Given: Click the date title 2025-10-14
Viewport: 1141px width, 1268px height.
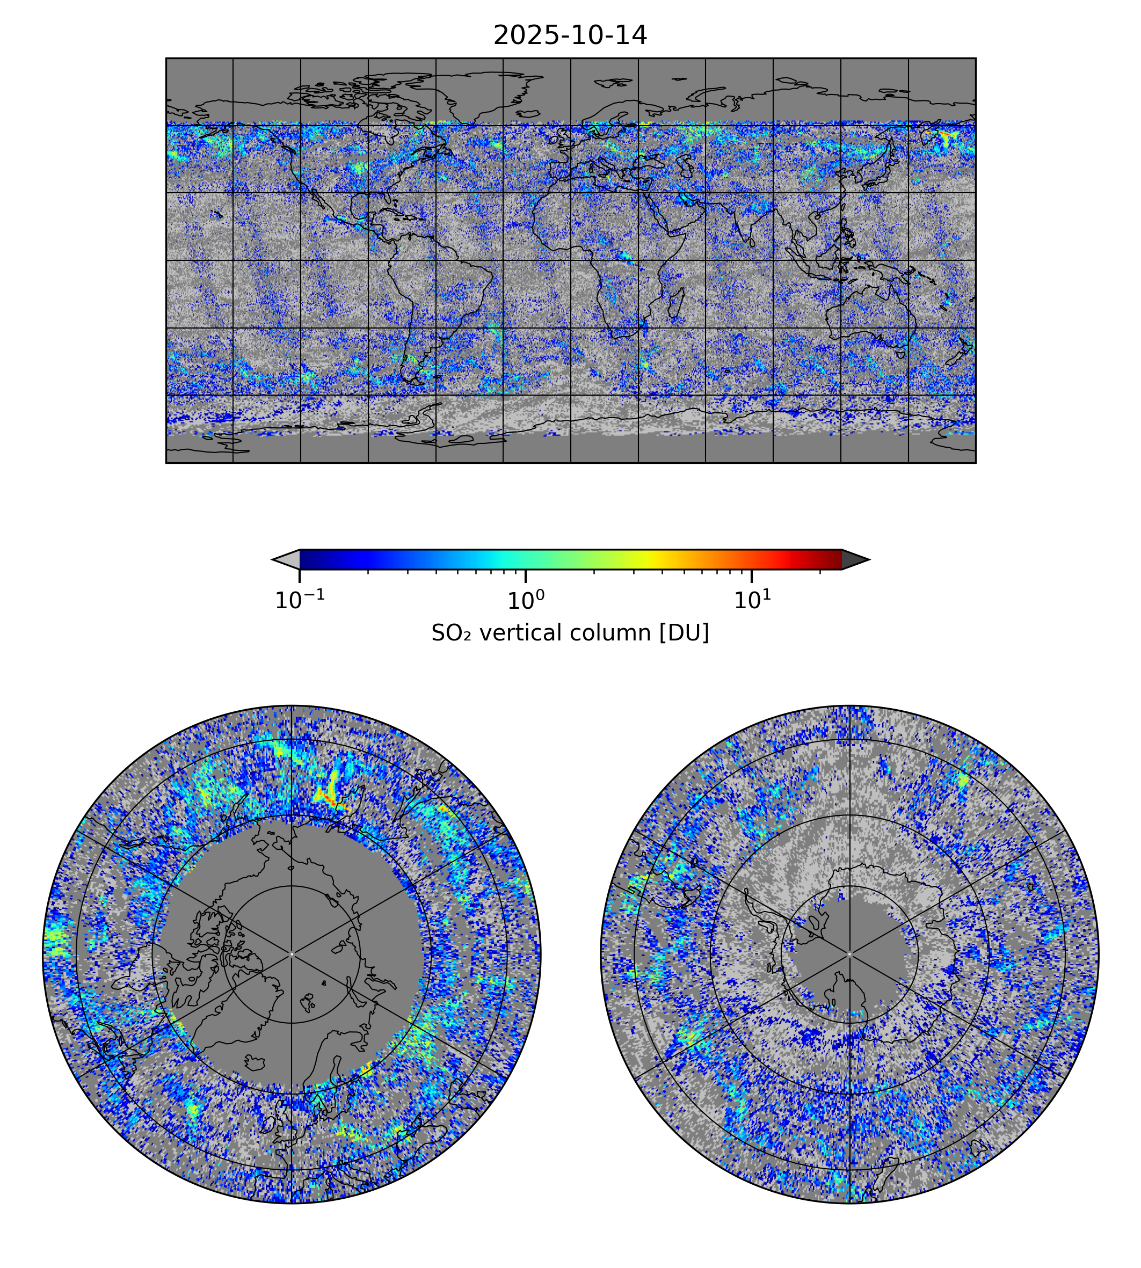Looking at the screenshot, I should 570,36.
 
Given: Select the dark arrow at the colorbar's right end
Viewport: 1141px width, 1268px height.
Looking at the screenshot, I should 854,559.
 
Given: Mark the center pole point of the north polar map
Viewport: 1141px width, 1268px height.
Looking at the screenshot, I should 292,954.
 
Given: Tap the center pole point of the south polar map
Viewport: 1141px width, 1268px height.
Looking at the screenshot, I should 849,954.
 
